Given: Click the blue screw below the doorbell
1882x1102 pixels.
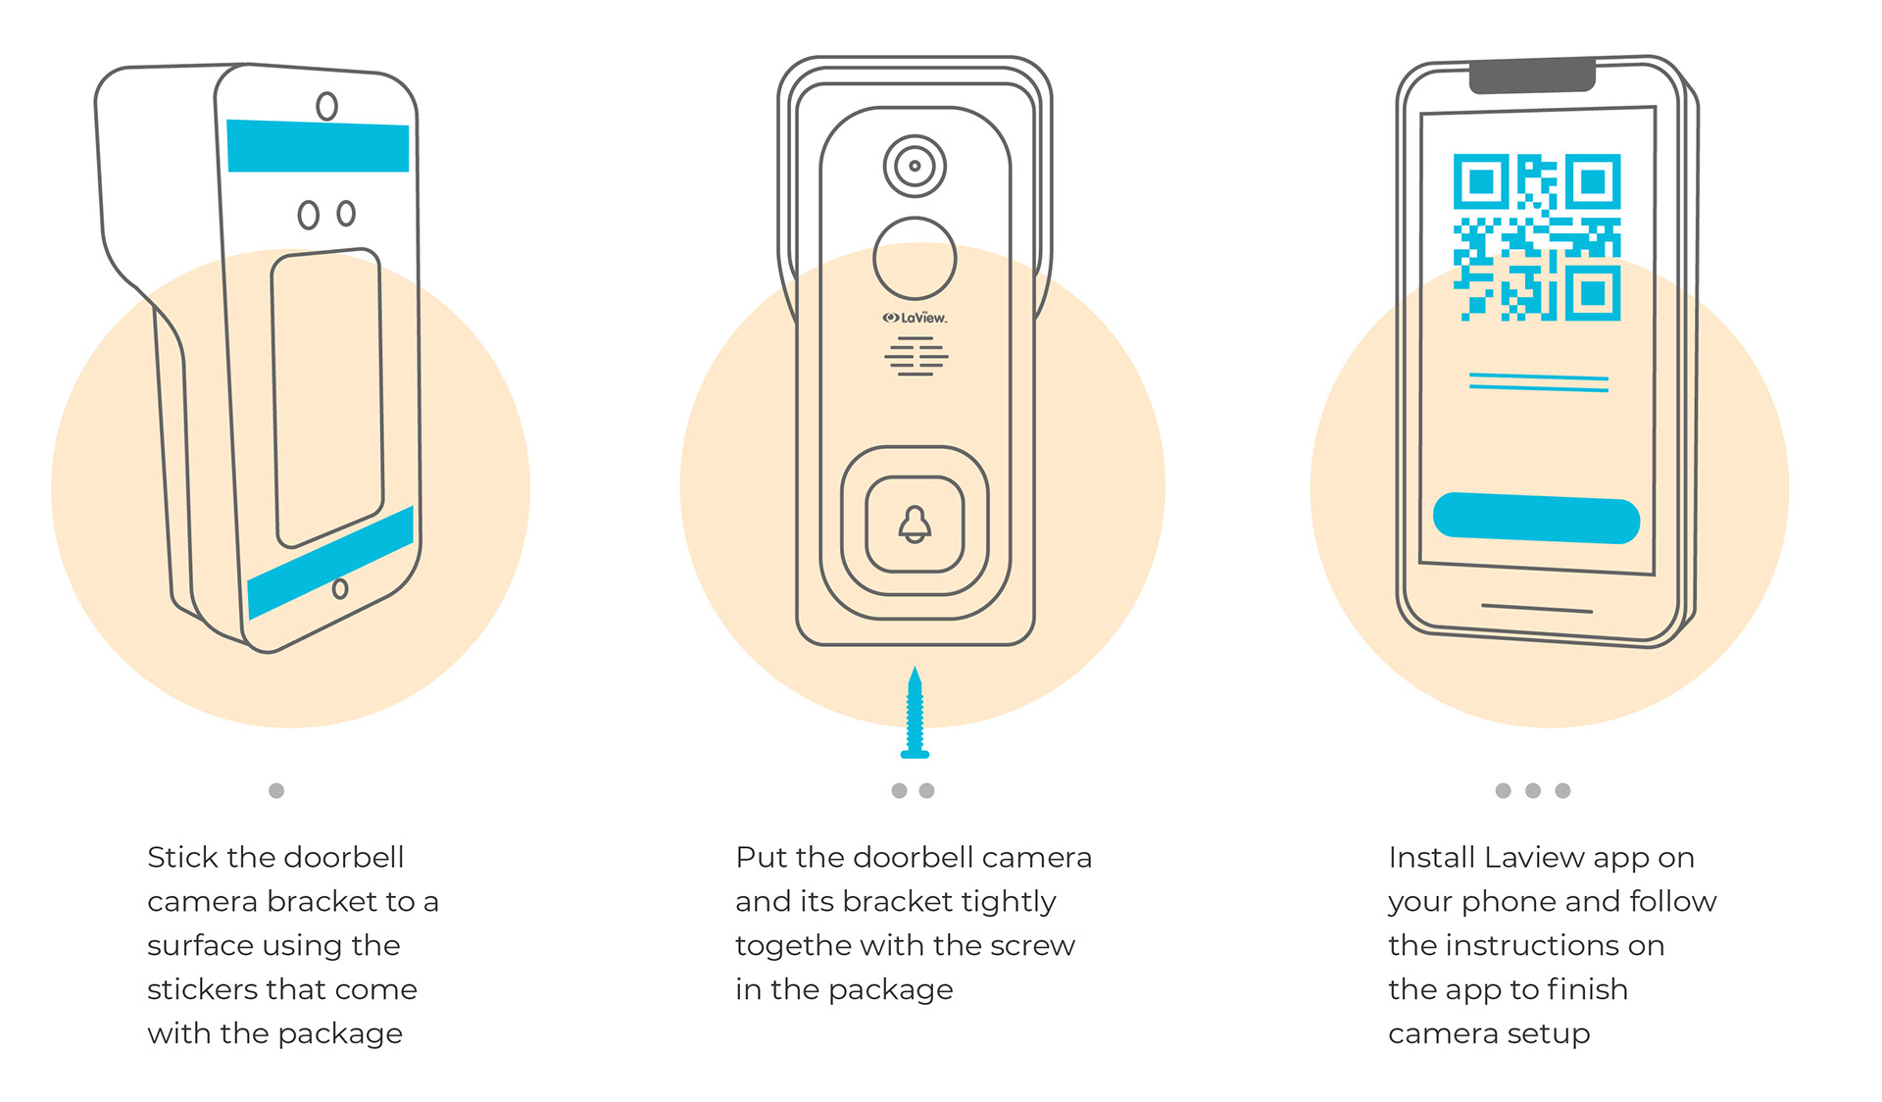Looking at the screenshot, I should pyautogui.click(x=915, y=715).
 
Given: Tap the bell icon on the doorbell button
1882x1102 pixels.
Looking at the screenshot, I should pyautogui.click(x=915, y=525).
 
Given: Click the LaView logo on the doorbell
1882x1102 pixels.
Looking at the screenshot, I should pyautogui.click(x=915, y=318).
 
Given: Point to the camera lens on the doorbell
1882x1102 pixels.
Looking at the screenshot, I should pyautogui.click(x=915, y=166).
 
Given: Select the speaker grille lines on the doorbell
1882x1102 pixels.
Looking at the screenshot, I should pyautogui.click(x=916, y=357).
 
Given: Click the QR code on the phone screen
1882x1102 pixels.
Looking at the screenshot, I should pyautogui.click(x=1536, y=237).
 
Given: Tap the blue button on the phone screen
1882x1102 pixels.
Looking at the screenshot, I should pyautogui.click(x=1536, y=518).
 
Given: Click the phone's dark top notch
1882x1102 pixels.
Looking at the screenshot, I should pyautogui.click(x=1532, y=75).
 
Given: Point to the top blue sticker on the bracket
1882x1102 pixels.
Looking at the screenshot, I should pyautogui.click(x=318, y=146).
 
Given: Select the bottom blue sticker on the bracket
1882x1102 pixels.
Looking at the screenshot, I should pyautogui.click(x=330, y=563).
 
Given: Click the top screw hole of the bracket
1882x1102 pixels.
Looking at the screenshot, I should pyautogui.click(x=326, y=106).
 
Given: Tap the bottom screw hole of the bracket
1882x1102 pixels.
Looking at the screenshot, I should pyautogui.click(x=340, y=588).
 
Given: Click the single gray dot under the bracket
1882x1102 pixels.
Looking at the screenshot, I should pyautogui.click(x=276, y=790).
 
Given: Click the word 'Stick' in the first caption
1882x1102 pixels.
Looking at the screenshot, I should pyautogui.click(x=182, y=858).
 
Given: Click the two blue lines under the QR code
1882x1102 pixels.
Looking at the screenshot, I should pyautogui.click(x=1538, y=382).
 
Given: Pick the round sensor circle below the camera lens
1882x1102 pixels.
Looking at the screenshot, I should pyautogui.click(x=915, y=259).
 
